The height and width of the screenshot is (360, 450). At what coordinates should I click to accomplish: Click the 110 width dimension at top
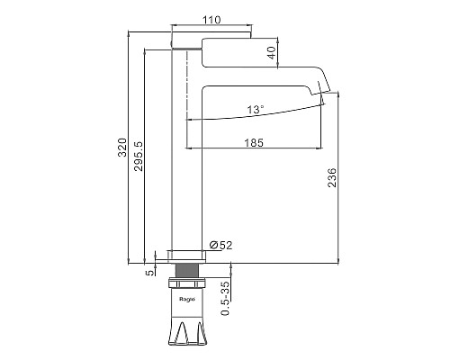(x=211, y=20)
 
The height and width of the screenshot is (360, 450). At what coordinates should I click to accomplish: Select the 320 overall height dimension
(x=122, y=148)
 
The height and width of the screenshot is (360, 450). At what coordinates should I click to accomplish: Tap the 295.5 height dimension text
(x=139, y=156)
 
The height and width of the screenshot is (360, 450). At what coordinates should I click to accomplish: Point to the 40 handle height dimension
(x=272, y=53)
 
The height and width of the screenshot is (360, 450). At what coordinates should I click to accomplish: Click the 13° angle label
(x=256, y=110)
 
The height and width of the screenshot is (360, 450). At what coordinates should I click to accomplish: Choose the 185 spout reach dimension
(x=254, y=142)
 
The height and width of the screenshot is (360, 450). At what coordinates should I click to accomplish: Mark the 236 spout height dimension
(x=332, y=177)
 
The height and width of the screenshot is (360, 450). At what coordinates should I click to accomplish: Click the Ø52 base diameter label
(x=221, y=245)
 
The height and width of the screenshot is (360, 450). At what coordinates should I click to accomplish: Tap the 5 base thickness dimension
(x=150, y=273)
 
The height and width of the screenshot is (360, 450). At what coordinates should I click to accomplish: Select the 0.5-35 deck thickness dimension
(x=225, y=298)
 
